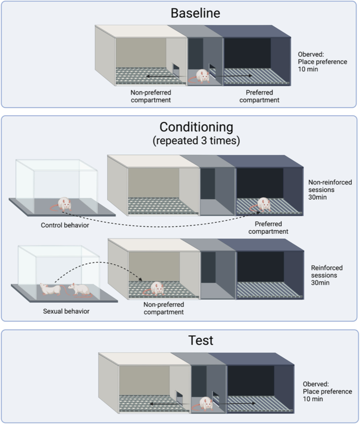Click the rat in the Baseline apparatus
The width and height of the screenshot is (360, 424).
tap(202, 77)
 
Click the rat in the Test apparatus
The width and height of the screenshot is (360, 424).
tap(205, 404)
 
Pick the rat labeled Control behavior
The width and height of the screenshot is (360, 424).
tap(64, 204)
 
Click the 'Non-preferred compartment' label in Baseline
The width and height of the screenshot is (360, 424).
tap(151, 96)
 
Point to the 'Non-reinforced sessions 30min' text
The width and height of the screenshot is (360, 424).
tap(330, 190)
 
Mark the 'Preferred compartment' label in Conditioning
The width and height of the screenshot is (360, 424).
tap(269, 227)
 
